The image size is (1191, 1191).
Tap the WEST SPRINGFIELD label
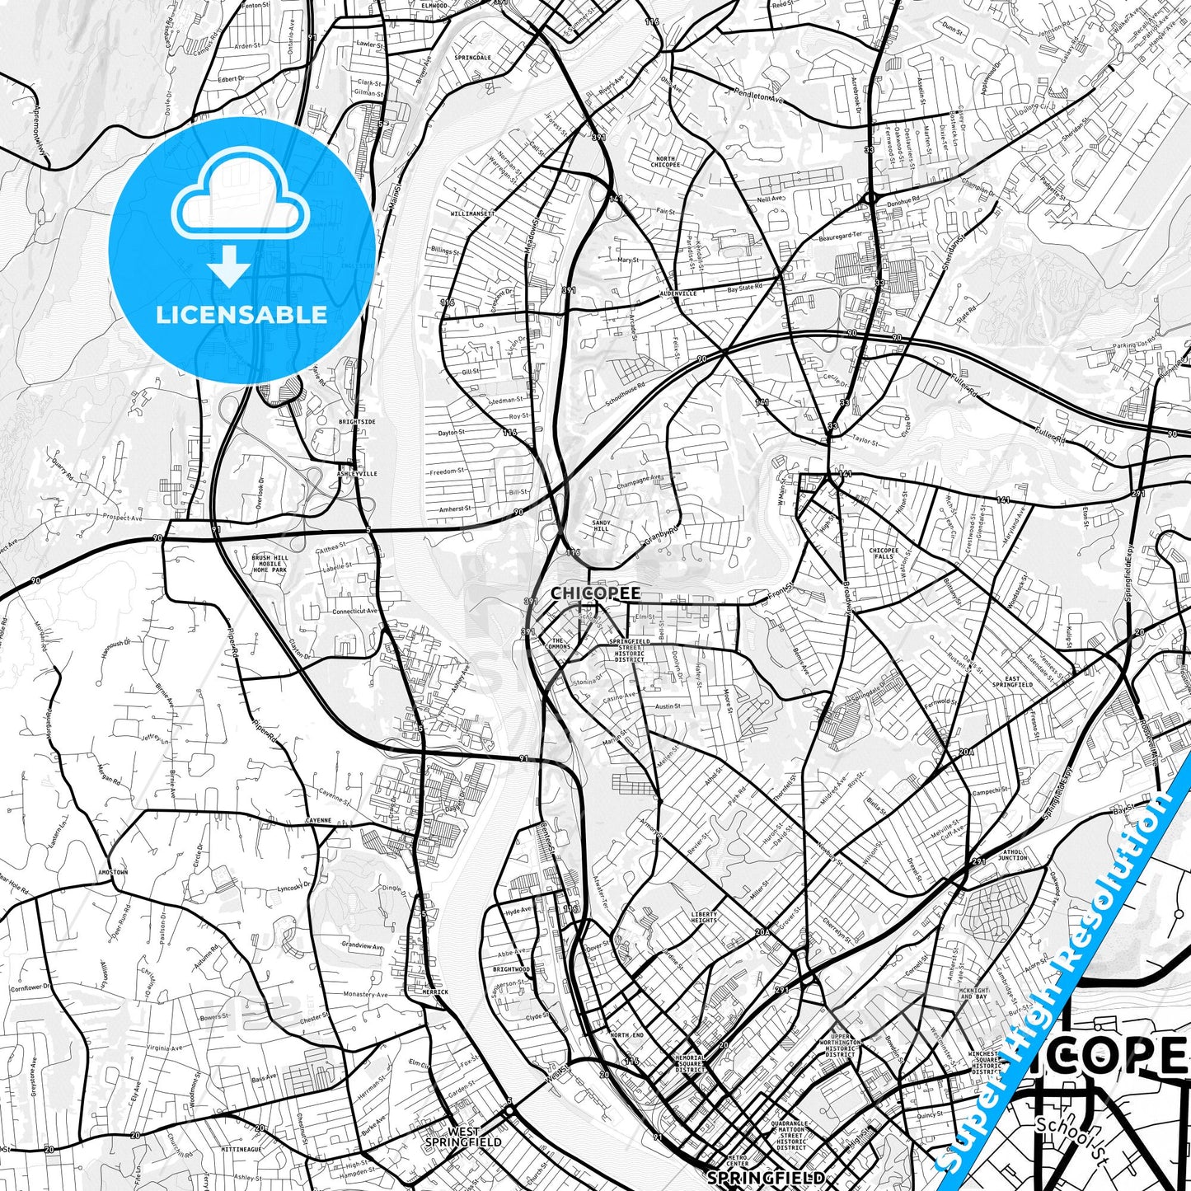pyautogui.click(x=462, y=1137)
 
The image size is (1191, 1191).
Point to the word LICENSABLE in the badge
pyautogui.click(x=241, y=314)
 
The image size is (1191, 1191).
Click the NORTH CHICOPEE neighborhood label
pyautogui.click(x=667, y=162)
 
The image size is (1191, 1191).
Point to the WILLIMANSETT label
pyautogui.click(x=473, y=213)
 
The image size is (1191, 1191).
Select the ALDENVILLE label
pyautogui.click(x=678, y=293)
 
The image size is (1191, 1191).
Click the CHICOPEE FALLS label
pyautogui.click(x=884, y=553)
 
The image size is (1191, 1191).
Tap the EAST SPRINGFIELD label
pyautogui.click(x=1012, y=682)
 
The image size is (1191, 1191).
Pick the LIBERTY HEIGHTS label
pyautogui.click(x=704, y=917)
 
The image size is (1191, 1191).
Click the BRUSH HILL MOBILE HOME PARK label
pyautogui.click(x=270, y=564)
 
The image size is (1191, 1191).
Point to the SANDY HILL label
pyautogui.click(x=601, y=526)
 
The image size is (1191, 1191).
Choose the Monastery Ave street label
pyautogui.click(x=364, y=995)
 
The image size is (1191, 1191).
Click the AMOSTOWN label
pyautogui.click(x=113, y=872)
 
